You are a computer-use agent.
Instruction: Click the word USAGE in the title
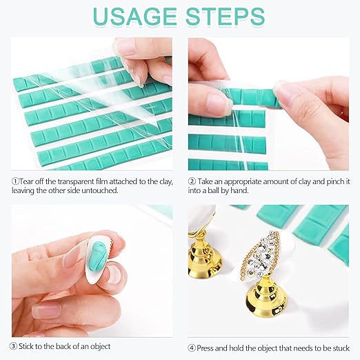pos(135,17)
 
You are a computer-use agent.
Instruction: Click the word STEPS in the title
pos(226,17)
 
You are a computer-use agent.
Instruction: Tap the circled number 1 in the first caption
pos(15,181)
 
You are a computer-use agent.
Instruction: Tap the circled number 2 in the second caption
pos(192,181)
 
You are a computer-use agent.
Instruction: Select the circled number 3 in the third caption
pos(14,346)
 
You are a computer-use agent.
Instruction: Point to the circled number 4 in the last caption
pos(192,348)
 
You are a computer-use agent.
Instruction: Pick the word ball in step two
pos(213,190)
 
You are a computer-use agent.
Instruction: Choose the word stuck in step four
pos(340,348)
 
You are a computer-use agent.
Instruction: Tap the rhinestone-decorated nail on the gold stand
pos(259,257)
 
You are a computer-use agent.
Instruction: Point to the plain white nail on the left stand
pos(202,219)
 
